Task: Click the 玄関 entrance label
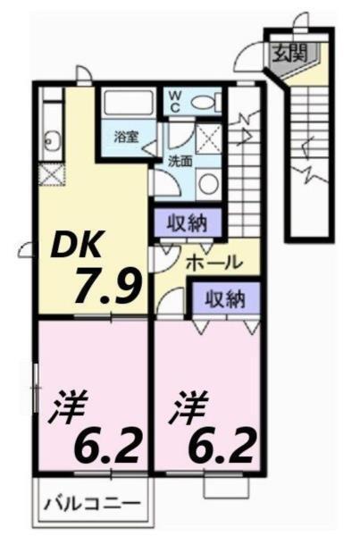(289, 52)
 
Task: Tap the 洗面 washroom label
(180, 163)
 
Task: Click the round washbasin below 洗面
(207, 183)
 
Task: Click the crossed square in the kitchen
(51, 173)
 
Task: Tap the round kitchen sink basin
(51, 140)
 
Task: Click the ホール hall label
(213, 263)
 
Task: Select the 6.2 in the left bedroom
(105, 443)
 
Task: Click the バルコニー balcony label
(92, 504)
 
